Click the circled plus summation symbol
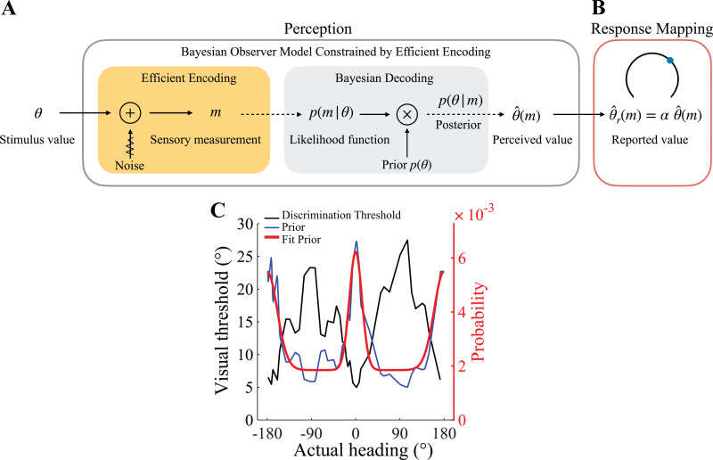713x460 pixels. coord(129,115)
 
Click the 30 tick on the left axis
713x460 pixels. coord(249,223)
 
